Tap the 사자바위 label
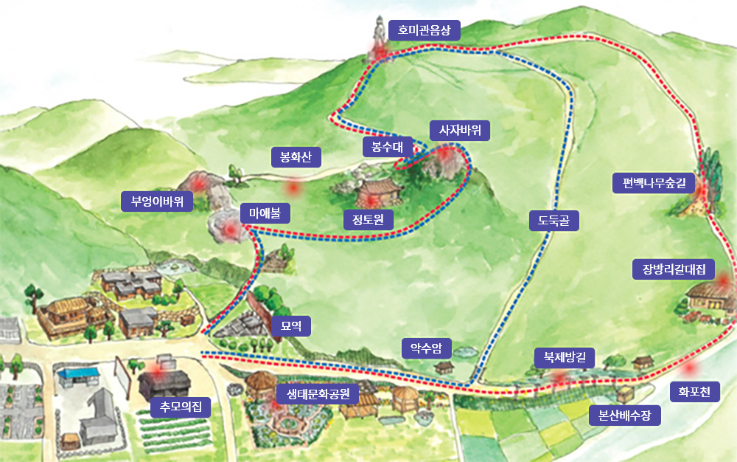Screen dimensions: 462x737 click(x=460, y=131)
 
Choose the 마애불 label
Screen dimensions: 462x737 click(x=265, y=214)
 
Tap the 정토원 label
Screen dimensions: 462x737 click(x=368, y=219)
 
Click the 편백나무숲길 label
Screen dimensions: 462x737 click(x=654, y=182)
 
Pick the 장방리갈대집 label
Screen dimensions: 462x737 click(x=674, y=269)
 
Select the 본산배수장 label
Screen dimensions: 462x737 click(x=625, y=416)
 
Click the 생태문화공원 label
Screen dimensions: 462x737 click(x=318, y=393)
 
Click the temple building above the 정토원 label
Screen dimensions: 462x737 click(x=380, y=190)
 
